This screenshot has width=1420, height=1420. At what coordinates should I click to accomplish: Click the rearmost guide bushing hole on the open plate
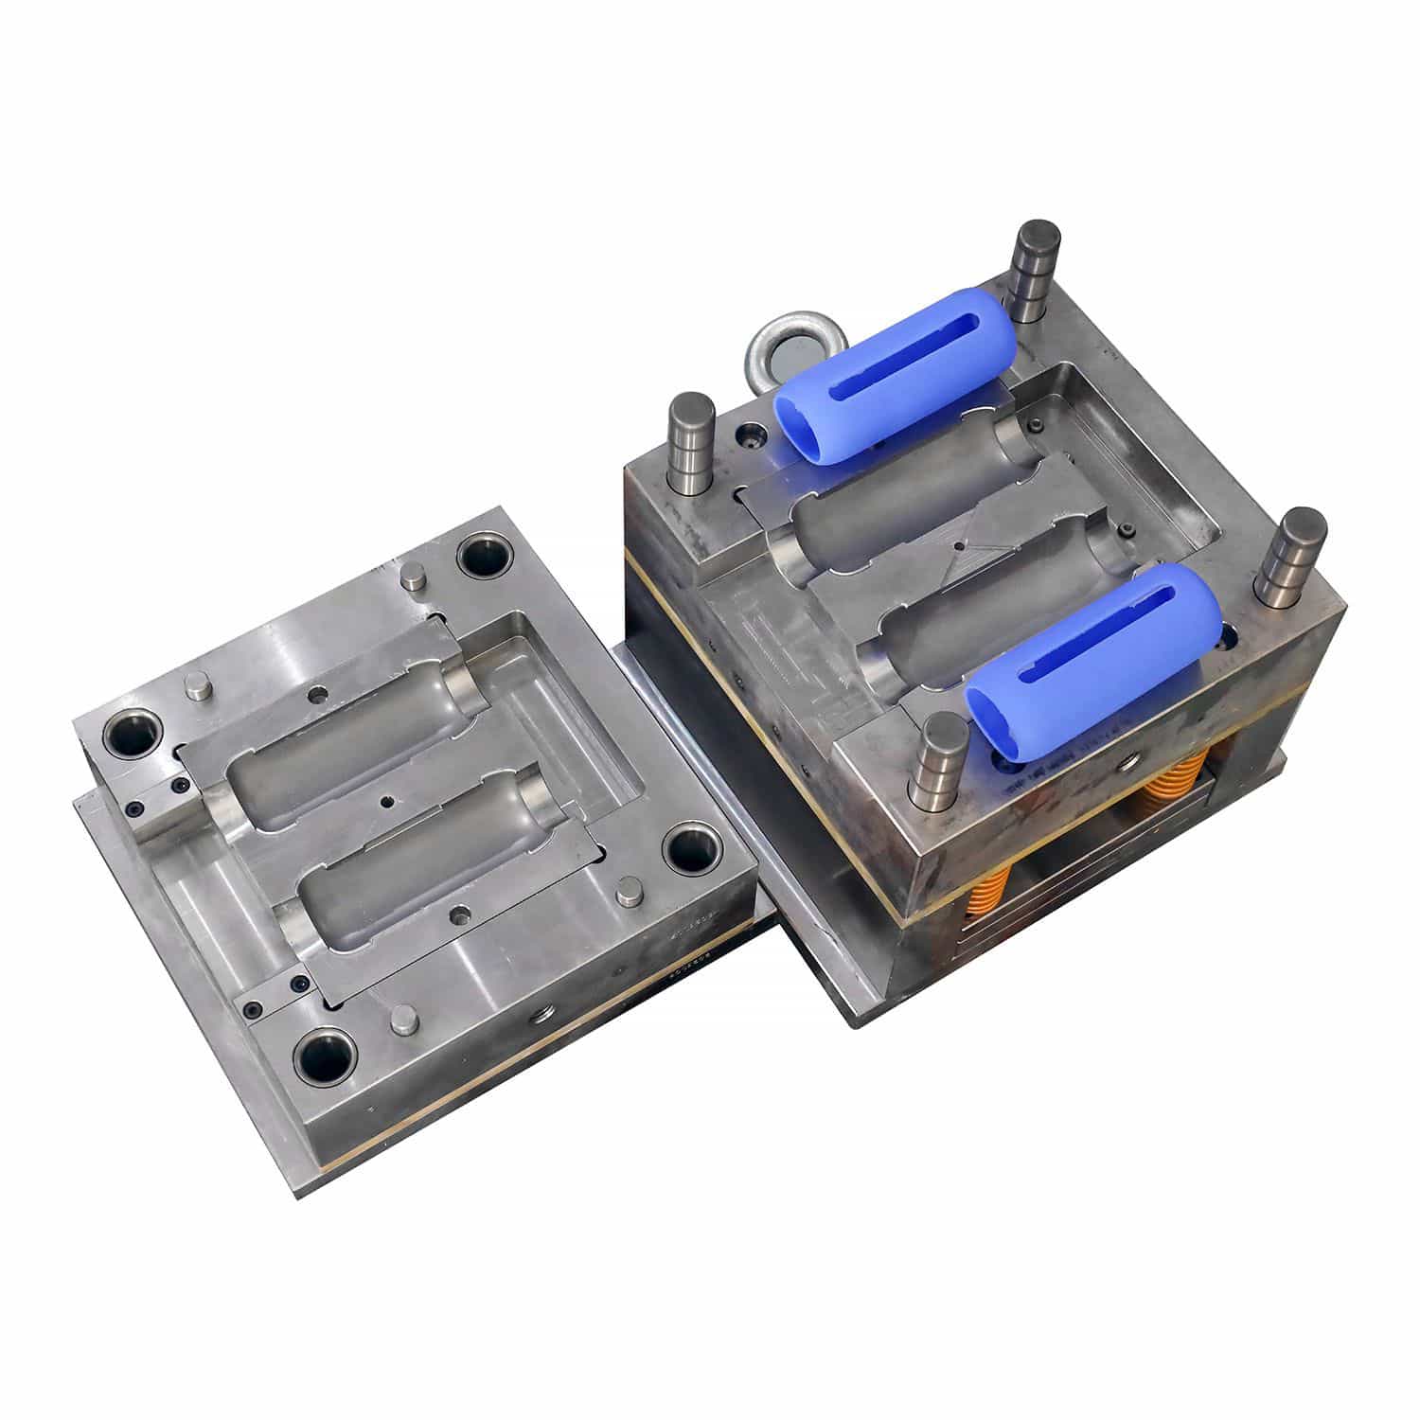pyautogui.click(x=483, y=557)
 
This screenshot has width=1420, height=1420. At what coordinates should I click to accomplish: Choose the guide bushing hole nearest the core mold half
pyautogui.click(x=688, y=847)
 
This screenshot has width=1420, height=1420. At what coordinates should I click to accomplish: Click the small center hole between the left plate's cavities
pyautogui.click(x=386, y=801)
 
